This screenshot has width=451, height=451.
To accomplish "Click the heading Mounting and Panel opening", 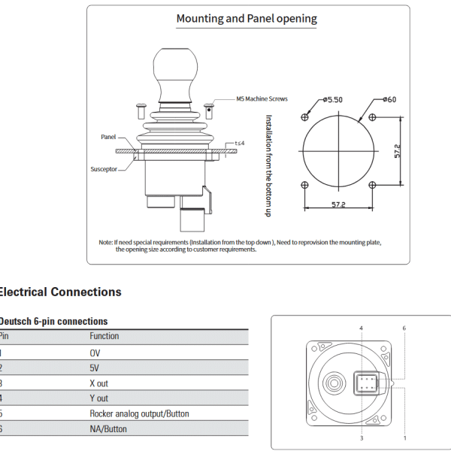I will pyautogui.click(x=247, y=19).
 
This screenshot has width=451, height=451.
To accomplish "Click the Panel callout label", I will pyautogui.click(x=109, y=138).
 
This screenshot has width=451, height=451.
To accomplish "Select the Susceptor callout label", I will pyautogui.click(x=104, y=169).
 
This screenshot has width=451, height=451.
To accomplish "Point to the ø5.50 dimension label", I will pyautogui.click(x=331, y=98).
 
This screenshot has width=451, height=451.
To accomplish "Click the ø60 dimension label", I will pyautogui.click(x=389, y=98).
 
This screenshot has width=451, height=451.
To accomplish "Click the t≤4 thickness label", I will pyautogui.click(x=240, y=143).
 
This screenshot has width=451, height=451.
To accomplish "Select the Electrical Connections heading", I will pyautogui.click(x=59, y=292).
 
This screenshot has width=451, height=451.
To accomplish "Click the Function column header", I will pyautogui.click(x=104, y=336).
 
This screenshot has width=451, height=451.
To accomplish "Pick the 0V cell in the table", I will pyautogui.click(x=95, y=352).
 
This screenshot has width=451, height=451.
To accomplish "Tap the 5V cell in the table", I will pyautogui.click(x=95, y=368).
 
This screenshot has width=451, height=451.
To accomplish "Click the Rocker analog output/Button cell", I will pyautogui.click(x=139, y=413).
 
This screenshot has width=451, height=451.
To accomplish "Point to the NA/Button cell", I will pyautogui.click(x=108, y=429).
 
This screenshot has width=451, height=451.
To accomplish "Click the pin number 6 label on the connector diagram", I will pyautogui.click(x=404, y=328).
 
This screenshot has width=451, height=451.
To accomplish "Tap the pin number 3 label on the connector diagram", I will pyautogui.click(x=362, y=437).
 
